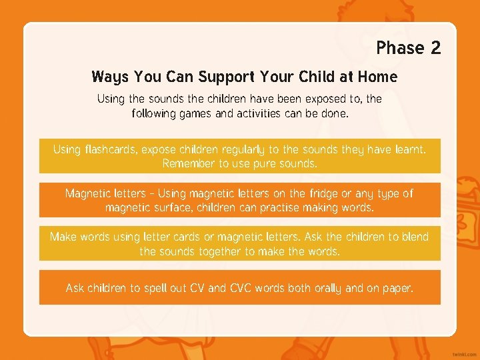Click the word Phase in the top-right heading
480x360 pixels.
click(x=400, y=48)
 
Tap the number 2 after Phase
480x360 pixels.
click(x=435, y=48)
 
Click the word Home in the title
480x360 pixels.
click(x=377, y=77)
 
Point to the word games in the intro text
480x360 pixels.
click(x=196, y=113)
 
